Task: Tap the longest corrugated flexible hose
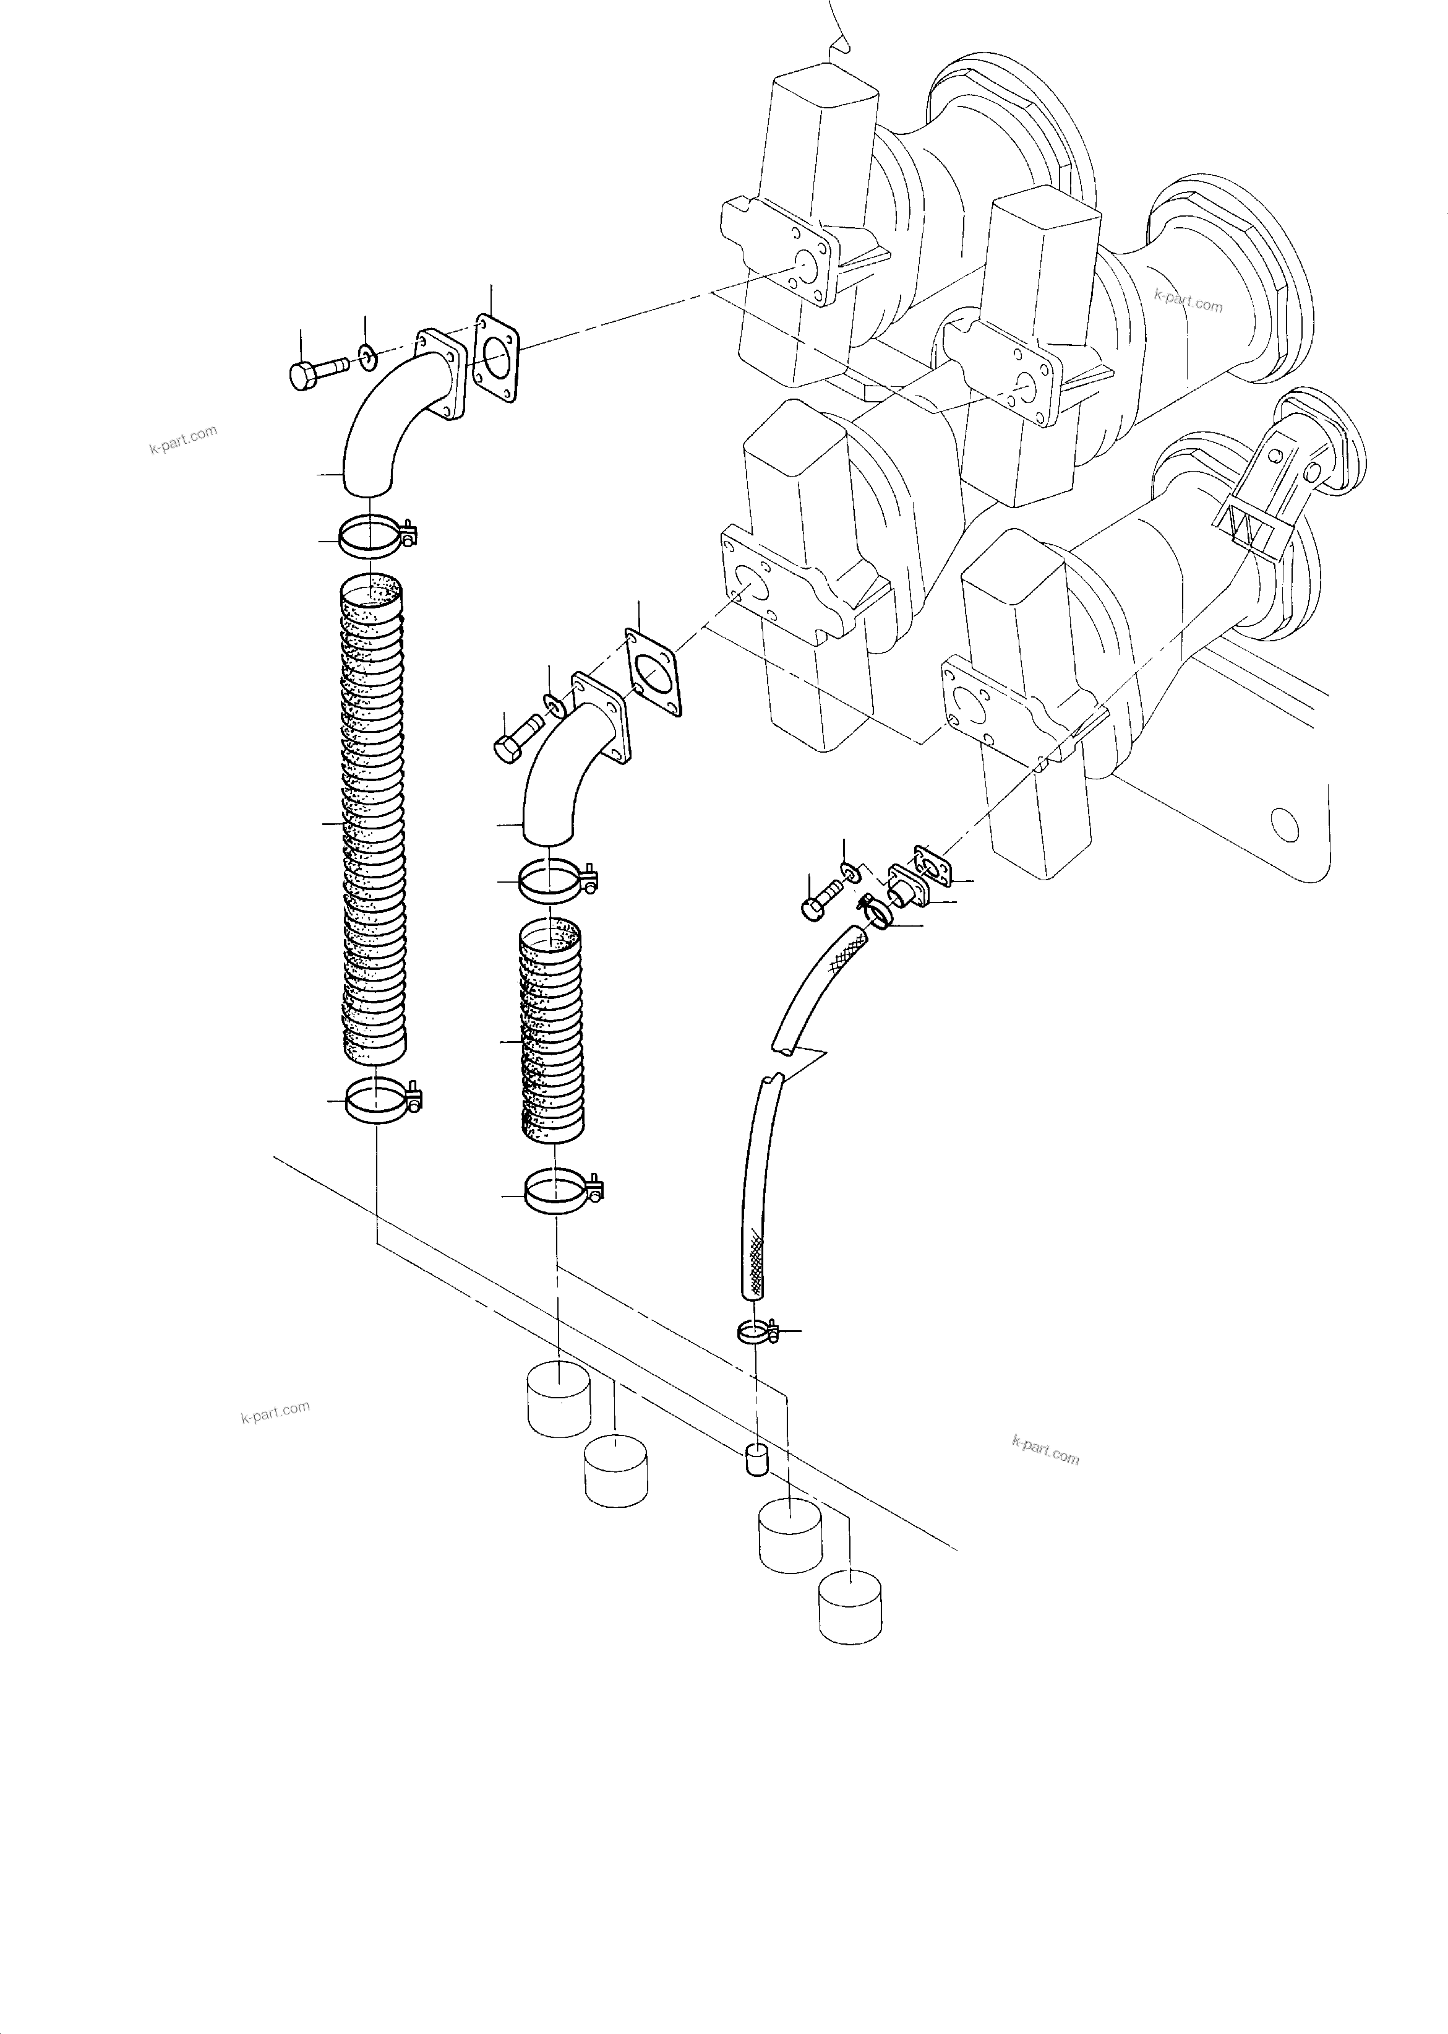tap(374, 821)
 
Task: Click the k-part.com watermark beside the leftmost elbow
tap(184, 439)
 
